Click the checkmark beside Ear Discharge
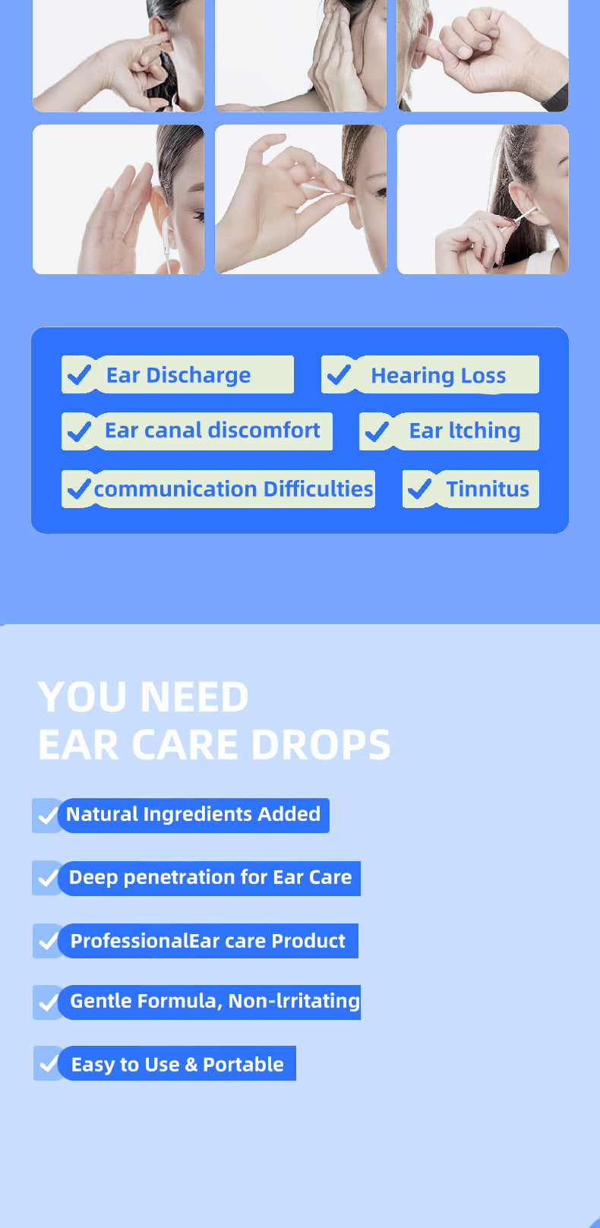[79, 375]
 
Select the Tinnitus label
[488, 488]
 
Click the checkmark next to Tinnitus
[419, 488]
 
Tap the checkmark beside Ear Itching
[377, 431]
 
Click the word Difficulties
[318, 488]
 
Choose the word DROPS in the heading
[321, 744]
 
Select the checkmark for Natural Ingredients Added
[49, 816]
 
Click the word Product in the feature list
[308, 941]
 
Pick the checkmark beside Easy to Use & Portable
[49, 1063]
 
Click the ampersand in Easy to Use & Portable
[191, 1065]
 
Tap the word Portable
[244, 1065]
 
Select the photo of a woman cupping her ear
[118, 199]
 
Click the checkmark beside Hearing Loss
[339, 375]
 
